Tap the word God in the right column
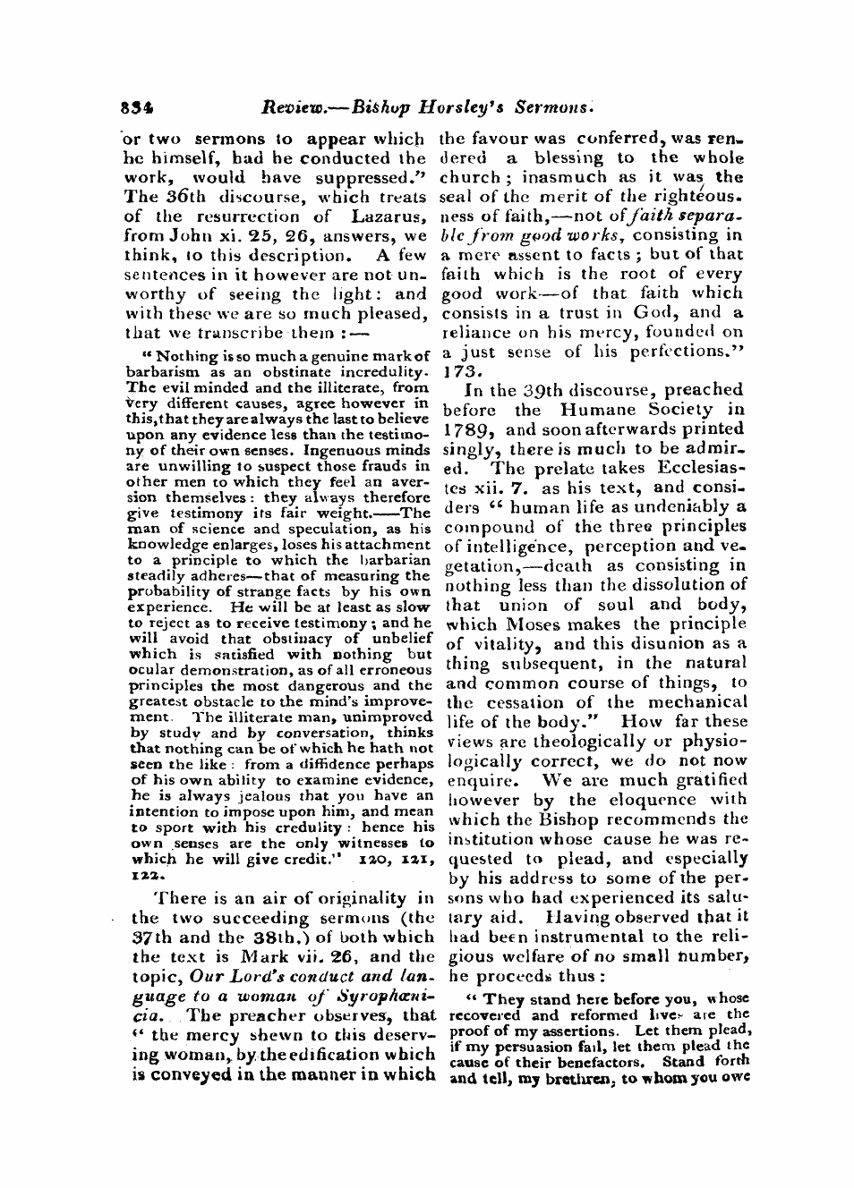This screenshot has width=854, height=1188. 657,312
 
